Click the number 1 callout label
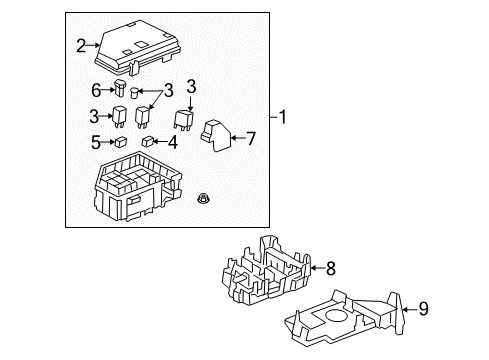tap(284, 117)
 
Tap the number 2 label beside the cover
tap(81, 44)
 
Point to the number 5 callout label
tap(95, 142)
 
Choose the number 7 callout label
tap(251, 136)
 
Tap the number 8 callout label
tap(332, 267)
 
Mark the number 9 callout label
tap(422, 309)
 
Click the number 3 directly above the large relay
tap(190, 86)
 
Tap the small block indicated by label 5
tap(120, 142)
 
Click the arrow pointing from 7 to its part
tap(237, 136)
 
